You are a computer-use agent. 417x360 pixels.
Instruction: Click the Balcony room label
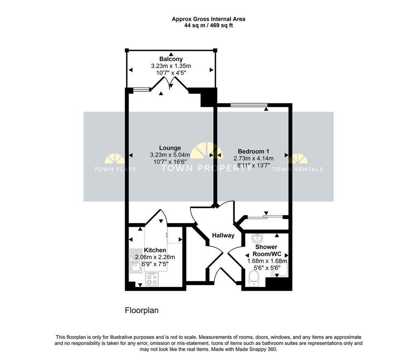click(x=171, y=59)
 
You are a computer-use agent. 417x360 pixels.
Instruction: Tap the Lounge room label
click(x=170, y=148)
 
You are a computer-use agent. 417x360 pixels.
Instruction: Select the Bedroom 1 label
click(x=251, y=152)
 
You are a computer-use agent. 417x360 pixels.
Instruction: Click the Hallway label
click(x=223, y=235)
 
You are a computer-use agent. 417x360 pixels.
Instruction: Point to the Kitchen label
click(x=155, y=250)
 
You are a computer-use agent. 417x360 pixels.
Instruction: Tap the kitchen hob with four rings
click(x=152, y=279)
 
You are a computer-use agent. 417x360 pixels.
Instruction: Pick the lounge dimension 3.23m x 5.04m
click(x=170, y=155)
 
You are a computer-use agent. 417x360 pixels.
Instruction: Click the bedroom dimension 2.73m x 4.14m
click(x=253, y=159)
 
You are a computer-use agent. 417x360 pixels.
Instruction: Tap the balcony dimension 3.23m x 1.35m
click(x=171, y=66)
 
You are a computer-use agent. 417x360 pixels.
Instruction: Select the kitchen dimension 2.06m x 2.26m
click(x=155, y=257)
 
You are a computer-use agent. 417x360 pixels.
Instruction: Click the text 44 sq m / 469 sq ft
click(x=208, y=26)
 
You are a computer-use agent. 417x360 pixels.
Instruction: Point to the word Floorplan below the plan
click(x=142, y=311)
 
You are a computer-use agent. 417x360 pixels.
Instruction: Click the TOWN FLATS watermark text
click(x=115, y=169)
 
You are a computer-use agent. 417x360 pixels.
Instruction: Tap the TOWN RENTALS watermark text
click(x=298, y=169)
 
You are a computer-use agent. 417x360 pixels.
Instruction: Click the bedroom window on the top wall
click(x=249, y=105)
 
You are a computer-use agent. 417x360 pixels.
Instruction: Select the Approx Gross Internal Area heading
click(x=208, y=19)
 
